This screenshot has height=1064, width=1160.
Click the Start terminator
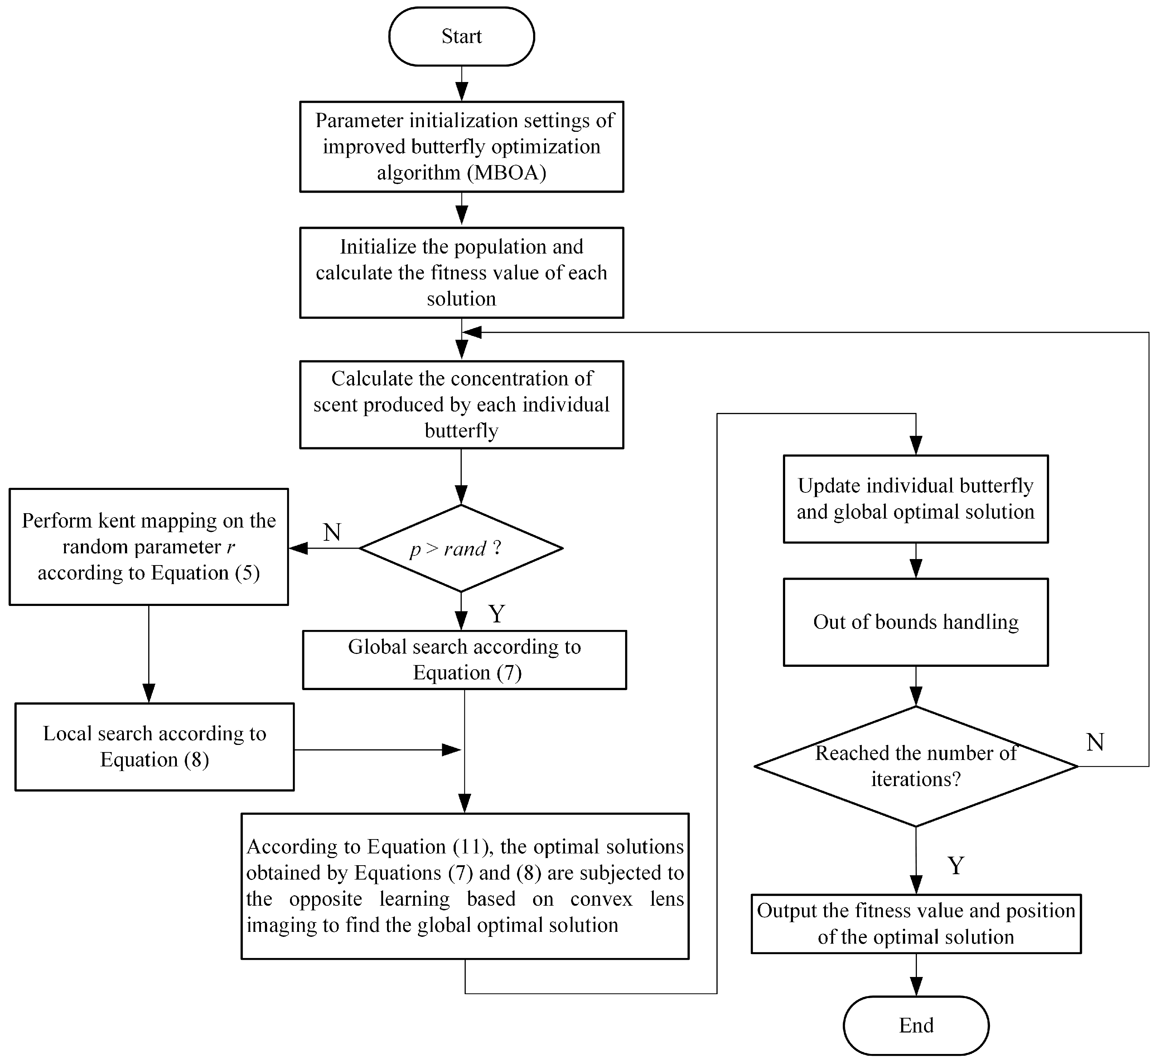click(x=461, y=36)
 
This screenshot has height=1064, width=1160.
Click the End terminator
click(x=915, y=1025)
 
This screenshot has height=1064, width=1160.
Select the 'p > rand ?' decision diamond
click(x=460, y=548)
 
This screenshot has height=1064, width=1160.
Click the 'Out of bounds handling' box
click(x=915, y=622)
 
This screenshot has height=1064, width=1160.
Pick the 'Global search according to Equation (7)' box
click(x=464, y=660)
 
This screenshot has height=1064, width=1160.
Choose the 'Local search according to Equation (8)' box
click(x=154, y=746)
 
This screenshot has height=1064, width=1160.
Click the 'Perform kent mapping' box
click(x=149, y=547)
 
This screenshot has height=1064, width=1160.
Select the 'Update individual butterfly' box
click(x=915, y=499)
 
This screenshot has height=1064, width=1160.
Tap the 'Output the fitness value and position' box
click(x=915, y=924)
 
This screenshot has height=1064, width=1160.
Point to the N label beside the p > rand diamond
click(x=332, y=532)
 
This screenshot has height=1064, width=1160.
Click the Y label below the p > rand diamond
click(x=496, y=614)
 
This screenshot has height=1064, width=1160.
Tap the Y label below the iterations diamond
click(x=956, y=865)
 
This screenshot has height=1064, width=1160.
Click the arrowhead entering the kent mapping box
click(x=298, y=548)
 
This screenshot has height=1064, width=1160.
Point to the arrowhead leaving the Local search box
click(x=451, y=750)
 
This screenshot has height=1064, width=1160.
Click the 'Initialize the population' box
click(x=461, y=272)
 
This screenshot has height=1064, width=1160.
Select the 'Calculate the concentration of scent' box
click(x=461, y=404)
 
